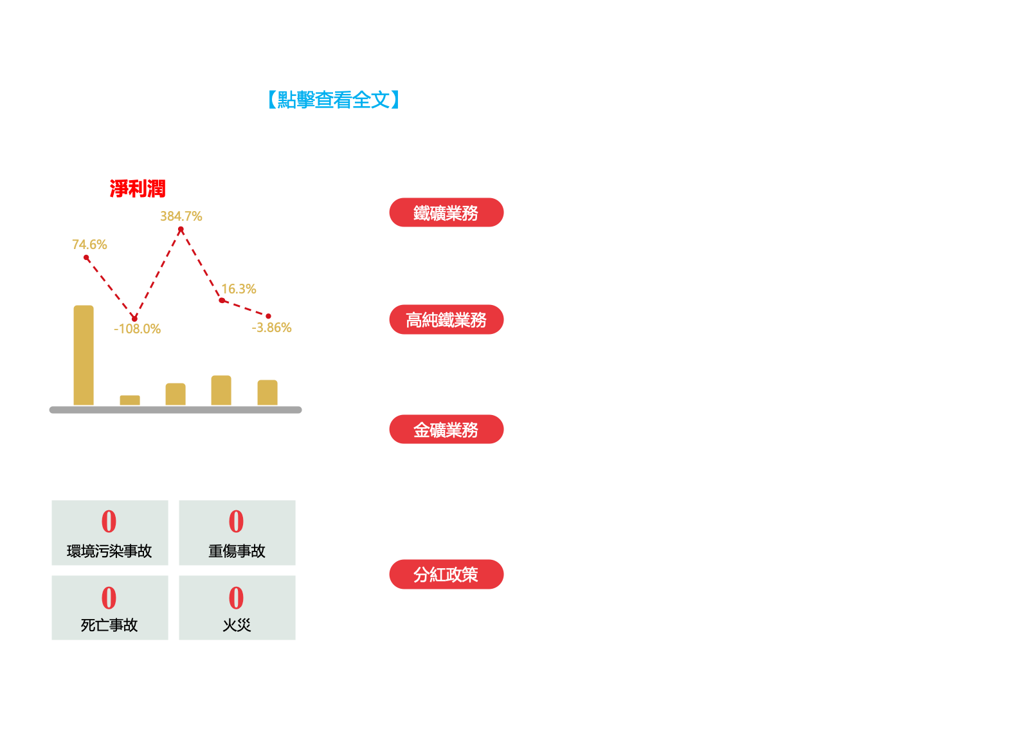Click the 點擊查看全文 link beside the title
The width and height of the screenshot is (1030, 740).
334,100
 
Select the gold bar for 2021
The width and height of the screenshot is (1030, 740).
84,355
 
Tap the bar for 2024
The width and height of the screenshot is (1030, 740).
221,391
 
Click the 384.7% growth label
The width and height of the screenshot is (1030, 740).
181,216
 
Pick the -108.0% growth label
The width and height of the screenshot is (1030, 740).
137,329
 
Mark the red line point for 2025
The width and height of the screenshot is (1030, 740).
268,316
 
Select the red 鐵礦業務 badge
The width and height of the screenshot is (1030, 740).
446,212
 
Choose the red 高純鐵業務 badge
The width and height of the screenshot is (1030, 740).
446,319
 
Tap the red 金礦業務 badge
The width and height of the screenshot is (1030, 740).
446,429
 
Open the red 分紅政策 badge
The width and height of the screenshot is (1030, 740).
446,574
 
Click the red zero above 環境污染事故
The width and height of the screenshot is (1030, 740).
109,521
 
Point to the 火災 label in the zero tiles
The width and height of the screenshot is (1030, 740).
237,625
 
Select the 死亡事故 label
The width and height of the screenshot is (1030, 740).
109,625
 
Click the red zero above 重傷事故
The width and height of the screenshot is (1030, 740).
237,521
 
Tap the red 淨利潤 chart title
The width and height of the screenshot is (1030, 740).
138,189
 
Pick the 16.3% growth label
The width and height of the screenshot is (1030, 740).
239,289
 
